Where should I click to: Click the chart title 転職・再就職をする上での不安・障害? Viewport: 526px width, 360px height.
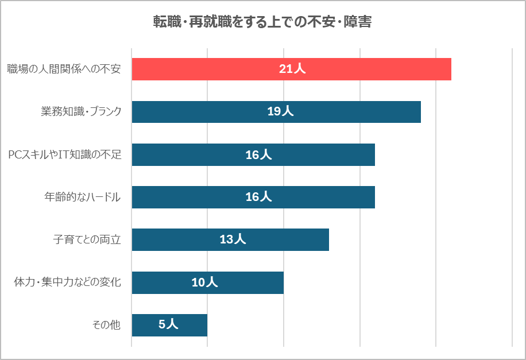262,22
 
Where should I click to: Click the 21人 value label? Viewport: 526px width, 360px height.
292,69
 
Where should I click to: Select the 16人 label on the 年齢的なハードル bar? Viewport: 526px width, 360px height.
258,197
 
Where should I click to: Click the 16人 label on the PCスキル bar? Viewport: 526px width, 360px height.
258,154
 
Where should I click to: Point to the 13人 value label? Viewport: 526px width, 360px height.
233,239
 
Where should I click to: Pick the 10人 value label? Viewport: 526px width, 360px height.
204,282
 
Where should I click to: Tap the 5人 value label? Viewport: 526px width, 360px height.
168,325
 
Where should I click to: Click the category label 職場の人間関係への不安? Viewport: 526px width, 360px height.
64,69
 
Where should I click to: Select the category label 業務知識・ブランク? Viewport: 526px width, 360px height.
81,112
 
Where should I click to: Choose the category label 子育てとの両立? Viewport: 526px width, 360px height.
87,239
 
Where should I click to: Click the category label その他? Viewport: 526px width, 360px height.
106,325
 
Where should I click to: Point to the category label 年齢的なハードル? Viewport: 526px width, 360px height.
83,197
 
